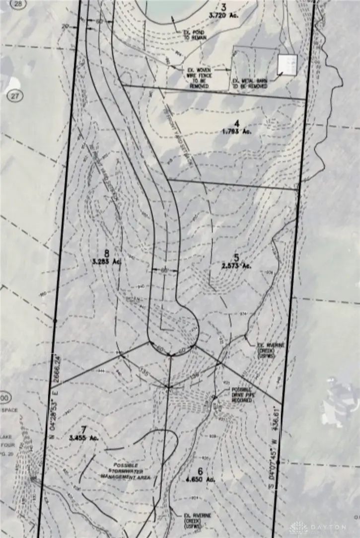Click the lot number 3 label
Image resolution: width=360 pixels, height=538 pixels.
point(223,7)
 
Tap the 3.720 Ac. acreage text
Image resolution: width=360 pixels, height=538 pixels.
point(223,16)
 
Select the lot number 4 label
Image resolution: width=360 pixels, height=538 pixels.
point(237,124)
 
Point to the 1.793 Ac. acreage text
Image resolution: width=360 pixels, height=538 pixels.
point(237,132)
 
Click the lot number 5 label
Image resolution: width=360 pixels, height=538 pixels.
point(236,257)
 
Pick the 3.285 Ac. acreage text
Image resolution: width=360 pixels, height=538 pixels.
point(106,259)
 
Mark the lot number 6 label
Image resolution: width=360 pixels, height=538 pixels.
point(201,471)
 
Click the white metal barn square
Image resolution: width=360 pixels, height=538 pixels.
point(287,65)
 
